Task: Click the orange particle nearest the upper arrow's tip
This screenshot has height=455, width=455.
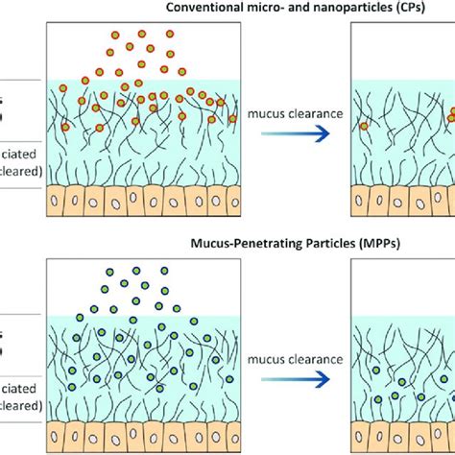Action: click(x=365, y=126)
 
